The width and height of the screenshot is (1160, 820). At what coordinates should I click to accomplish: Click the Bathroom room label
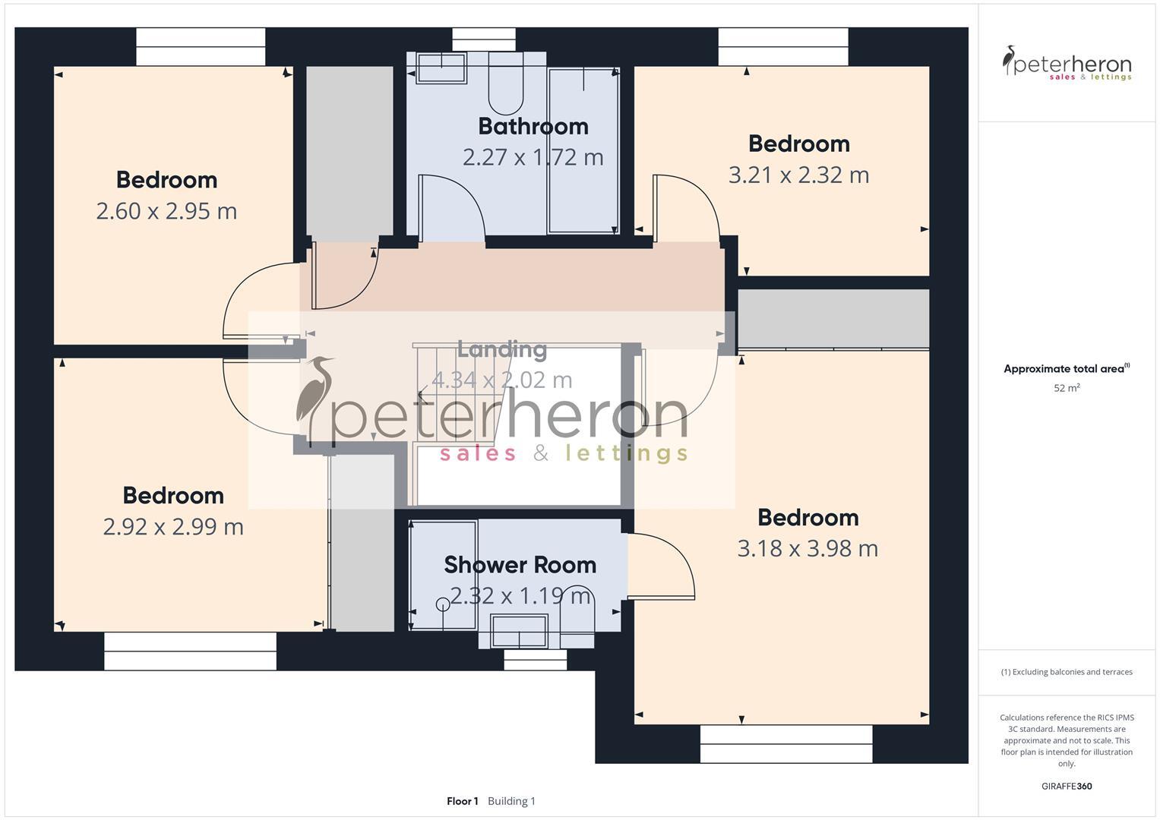pos(533,126)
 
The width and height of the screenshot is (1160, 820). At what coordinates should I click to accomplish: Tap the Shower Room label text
pos(520,565)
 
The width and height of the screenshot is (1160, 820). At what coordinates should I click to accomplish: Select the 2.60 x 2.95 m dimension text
pos(166,211)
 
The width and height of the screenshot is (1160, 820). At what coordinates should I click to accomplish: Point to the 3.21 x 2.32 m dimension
pos(798,175)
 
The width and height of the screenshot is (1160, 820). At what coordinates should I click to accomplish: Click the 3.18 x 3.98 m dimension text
pos(808,549)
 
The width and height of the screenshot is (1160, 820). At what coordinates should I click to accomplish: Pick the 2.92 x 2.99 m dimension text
pos(173,527)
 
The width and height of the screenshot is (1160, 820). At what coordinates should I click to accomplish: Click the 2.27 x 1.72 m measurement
pos(533,157)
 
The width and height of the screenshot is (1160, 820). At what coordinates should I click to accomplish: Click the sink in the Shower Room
pos(519,631)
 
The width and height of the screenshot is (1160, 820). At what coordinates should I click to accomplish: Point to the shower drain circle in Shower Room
pos(442,604)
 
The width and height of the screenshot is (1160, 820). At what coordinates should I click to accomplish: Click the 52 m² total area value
pos(1067,388)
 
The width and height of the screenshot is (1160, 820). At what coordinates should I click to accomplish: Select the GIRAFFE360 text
pos(1067,787)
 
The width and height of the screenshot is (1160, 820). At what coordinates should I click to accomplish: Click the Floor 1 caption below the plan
pos(462,801)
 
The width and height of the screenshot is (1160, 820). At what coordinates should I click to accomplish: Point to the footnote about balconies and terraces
pos(1067,672)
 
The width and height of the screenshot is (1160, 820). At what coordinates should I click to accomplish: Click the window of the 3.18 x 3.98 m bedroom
pos(786,743)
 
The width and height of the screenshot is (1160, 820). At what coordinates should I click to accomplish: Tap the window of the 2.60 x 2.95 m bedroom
pos(201,47)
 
